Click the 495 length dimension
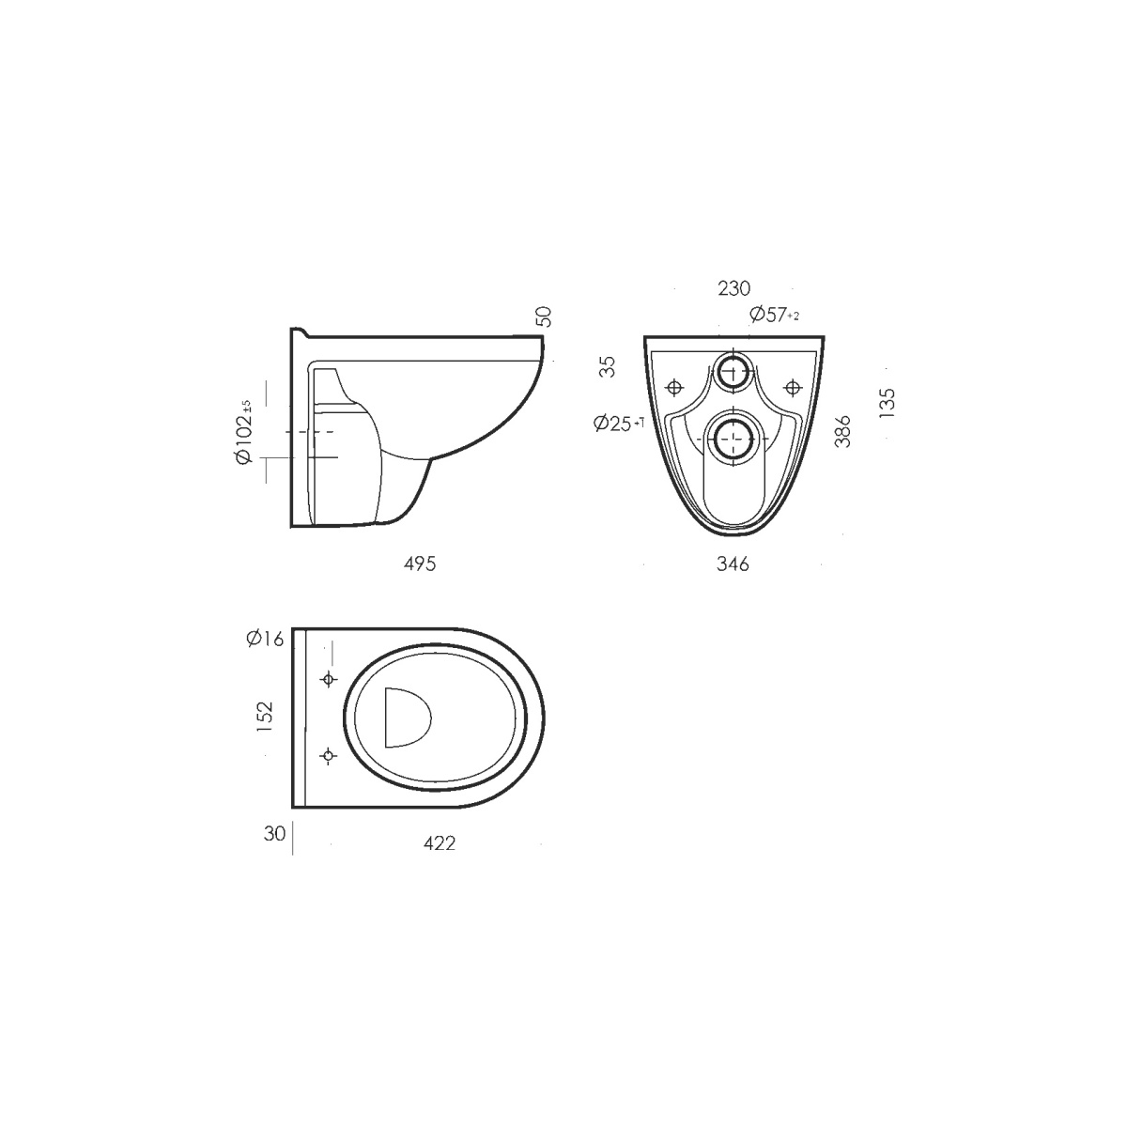420,563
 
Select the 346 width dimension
733,563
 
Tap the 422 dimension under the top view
440,842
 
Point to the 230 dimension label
734,288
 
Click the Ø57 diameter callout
774,314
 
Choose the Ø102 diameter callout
244,432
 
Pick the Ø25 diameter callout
619,423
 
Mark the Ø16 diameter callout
265,638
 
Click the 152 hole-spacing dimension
265,717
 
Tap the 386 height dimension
842,432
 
